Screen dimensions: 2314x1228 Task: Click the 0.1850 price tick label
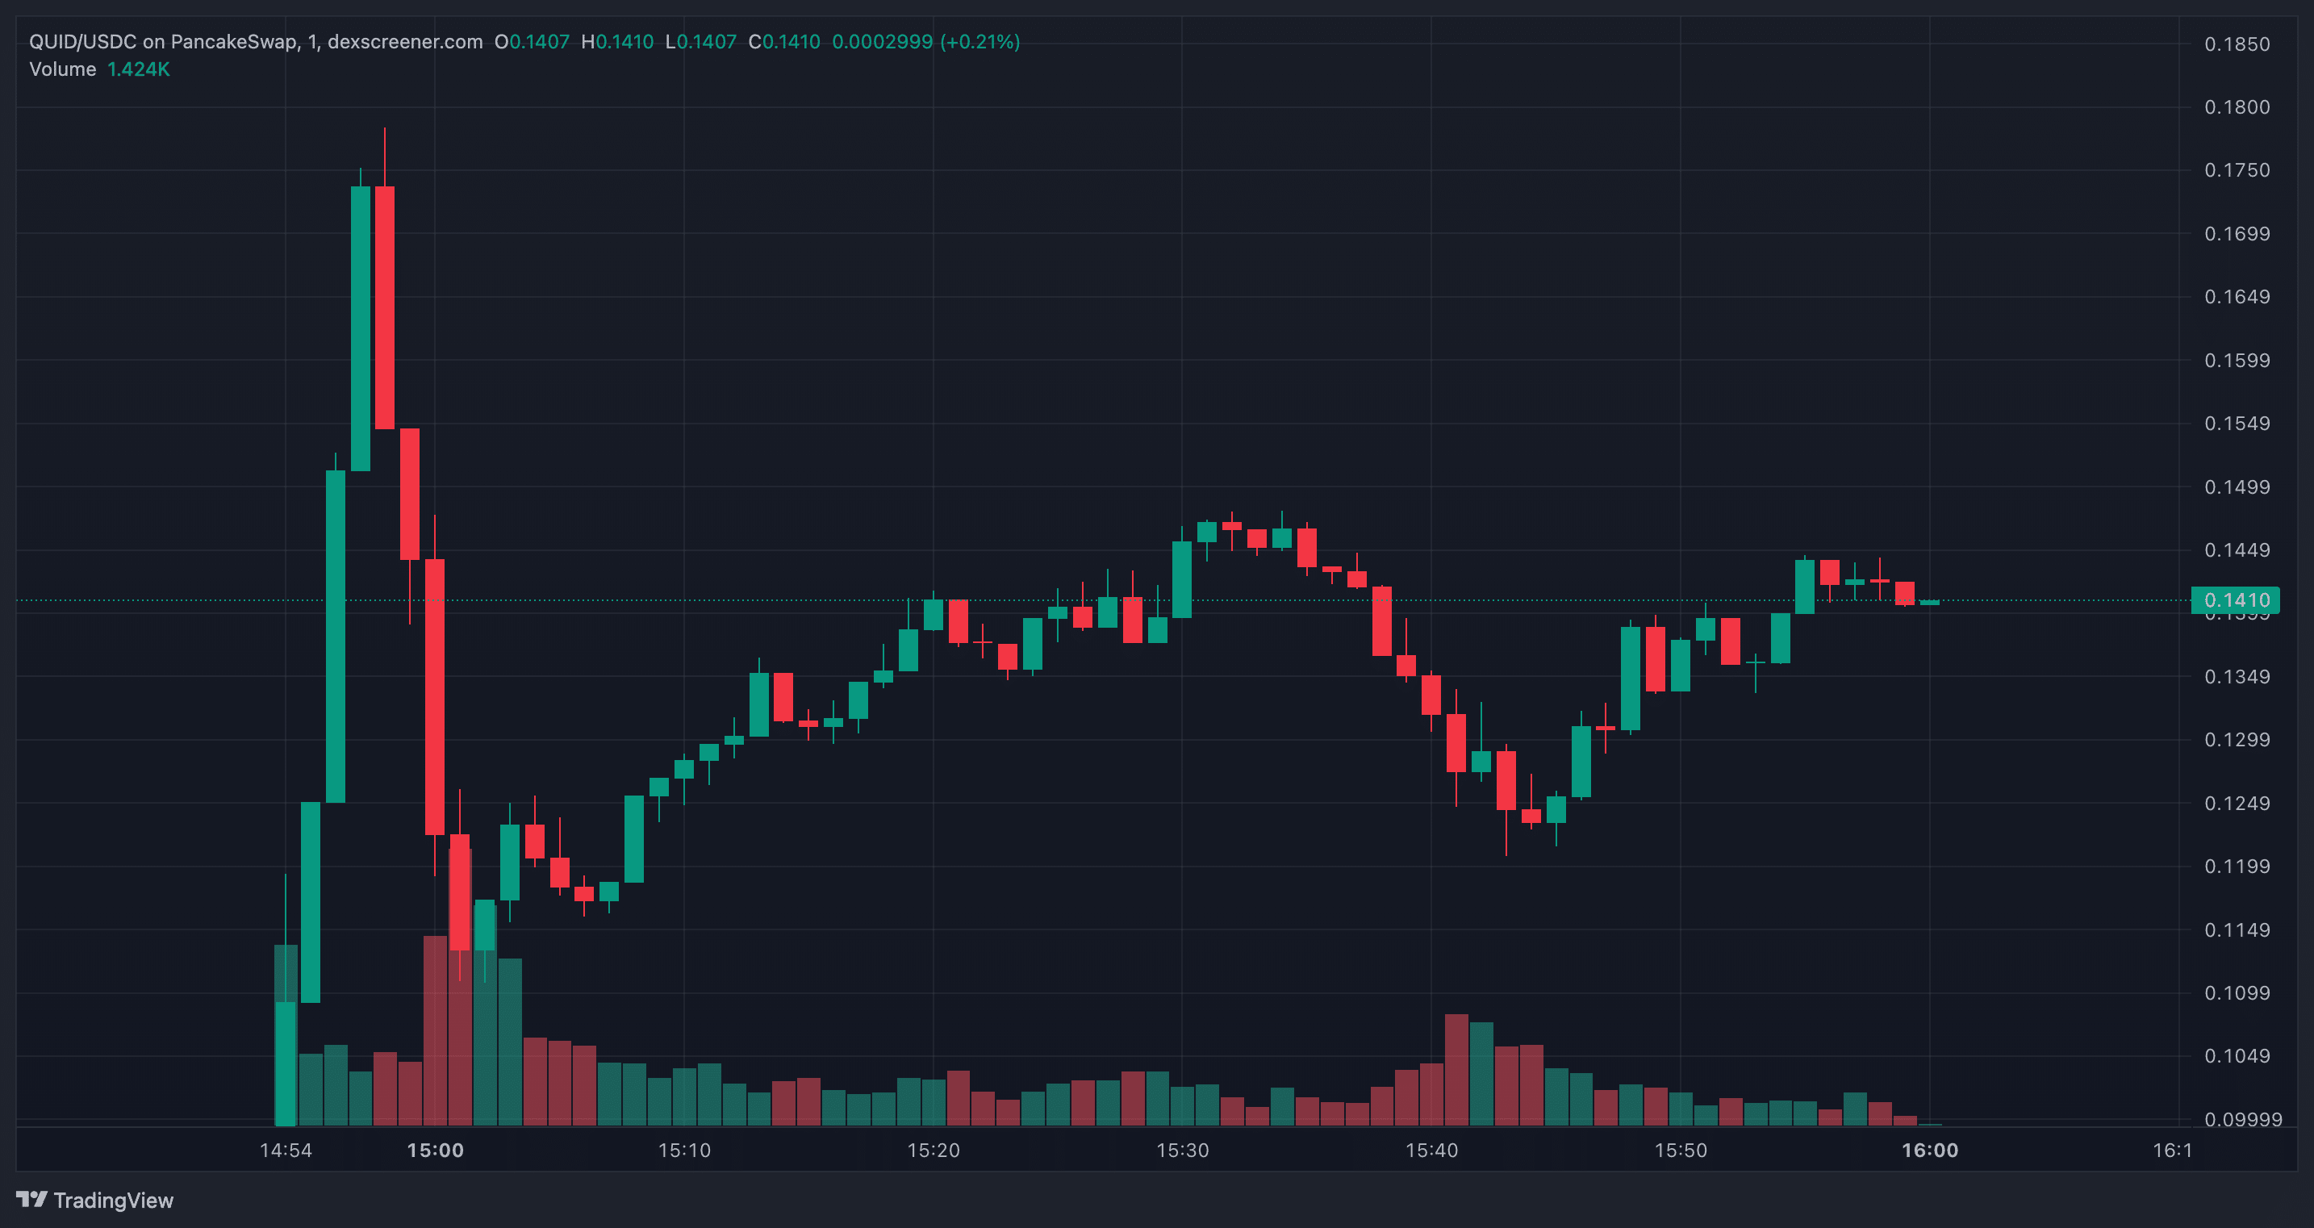tap(2237, 44)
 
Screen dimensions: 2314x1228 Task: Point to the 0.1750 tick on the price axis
tap(2237, 169)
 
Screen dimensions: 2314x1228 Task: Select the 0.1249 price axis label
tap(2237, 803)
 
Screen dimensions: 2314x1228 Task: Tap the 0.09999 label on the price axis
tap(2243, 1119)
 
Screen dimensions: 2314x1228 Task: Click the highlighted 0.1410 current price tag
tap(2236, 600)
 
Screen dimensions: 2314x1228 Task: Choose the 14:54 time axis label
tap(286, 1150)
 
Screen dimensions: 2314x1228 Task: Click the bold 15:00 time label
tap(435, 1150)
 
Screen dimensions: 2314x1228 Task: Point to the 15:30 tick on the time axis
tap(1182, 1150)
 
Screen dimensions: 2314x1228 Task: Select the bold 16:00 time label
tap(1929, 1150)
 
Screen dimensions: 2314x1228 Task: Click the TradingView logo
tap(95, 1200)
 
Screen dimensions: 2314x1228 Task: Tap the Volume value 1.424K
tap(138, 69)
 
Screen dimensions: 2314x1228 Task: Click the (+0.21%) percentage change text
tap(979, 42)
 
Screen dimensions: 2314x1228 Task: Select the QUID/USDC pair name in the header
tap(82, 42)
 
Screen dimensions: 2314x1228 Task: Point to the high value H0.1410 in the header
tap(617, 42)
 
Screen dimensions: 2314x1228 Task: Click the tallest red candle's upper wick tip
tap(385, 128)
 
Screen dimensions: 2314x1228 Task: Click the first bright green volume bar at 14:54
tap(286, 1063)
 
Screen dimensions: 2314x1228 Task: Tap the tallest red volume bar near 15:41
tap(1456, 1070)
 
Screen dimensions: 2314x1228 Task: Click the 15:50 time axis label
tap(1681, 1150)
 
